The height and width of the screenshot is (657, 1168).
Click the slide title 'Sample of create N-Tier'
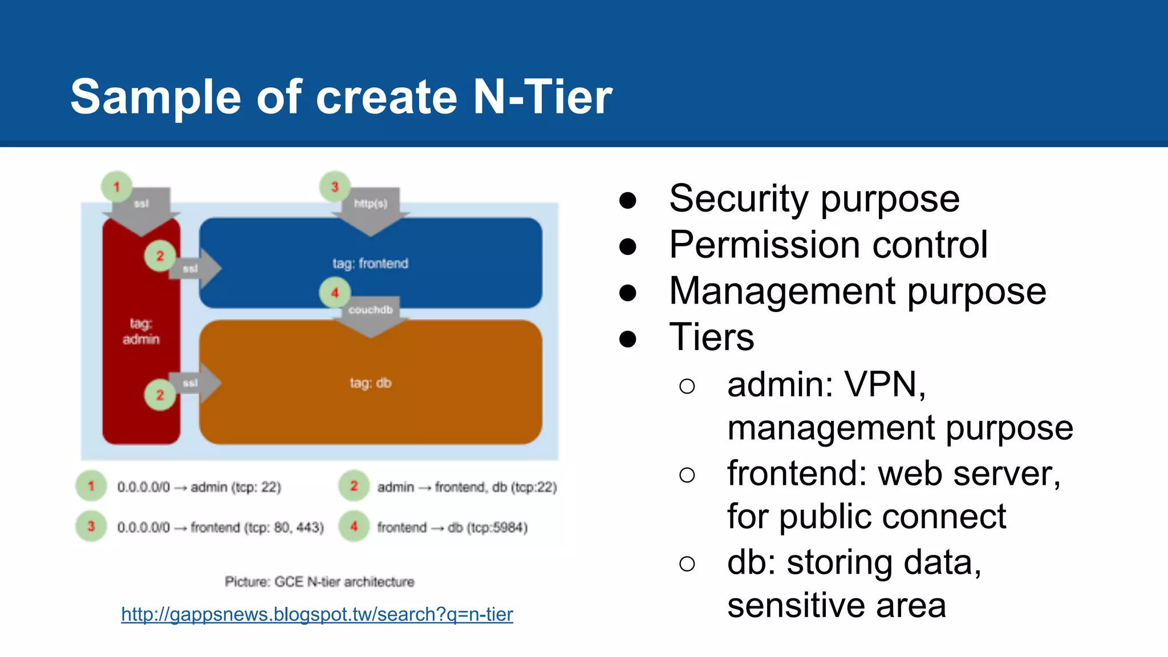[x=341, y=97]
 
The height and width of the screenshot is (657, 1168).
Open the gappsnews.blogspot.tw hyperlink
[x=317, y=614]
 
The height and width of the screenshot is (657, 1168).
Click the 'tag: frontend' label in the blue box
[x=370, y=263]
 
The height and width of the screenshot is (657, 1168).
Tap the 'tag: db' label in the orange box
[x=370, y=383]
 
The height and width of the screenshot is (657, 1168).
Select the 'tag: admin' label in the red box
[x=141, y=331]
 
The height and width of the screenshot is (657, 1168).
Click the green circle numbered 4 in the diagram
[x=335, y=293]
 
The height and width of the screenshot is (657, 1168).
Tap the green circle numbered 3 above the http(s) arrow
[x=335, y=186]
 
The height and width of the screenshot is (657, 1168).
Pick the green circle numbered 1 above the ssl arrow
[x=117, y=186]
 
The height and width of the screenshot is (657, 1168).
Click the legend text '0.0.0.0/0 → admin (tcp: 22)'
[x=199, y=487]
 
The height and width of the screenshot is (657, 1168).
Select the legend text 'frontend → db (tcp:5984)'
[x=452, y=528]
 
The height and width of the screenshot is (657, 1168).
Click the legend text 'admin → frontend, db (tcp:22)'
[x=467, y=487]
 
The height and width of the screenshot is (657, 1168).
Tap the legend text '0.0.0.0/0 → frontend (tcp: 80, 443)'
[x=220, y=528]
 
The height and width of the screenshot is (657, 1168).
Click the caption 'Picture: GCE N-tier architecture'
[x=319, y=582]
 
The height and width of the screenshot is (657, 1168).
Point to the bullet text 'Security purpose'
[x=814, y=199]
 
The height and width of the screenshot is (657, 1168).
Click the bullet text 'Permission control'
[x=828, y=245]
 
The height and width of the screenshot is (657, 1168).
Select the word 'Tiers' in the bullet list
[x=711, y=338]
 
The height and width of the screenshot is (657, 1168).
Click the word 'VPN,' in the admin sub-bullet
[x=885, y=385]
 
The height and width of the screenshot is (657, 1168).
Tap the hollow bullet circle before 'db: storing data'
[x=687, y=564]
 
